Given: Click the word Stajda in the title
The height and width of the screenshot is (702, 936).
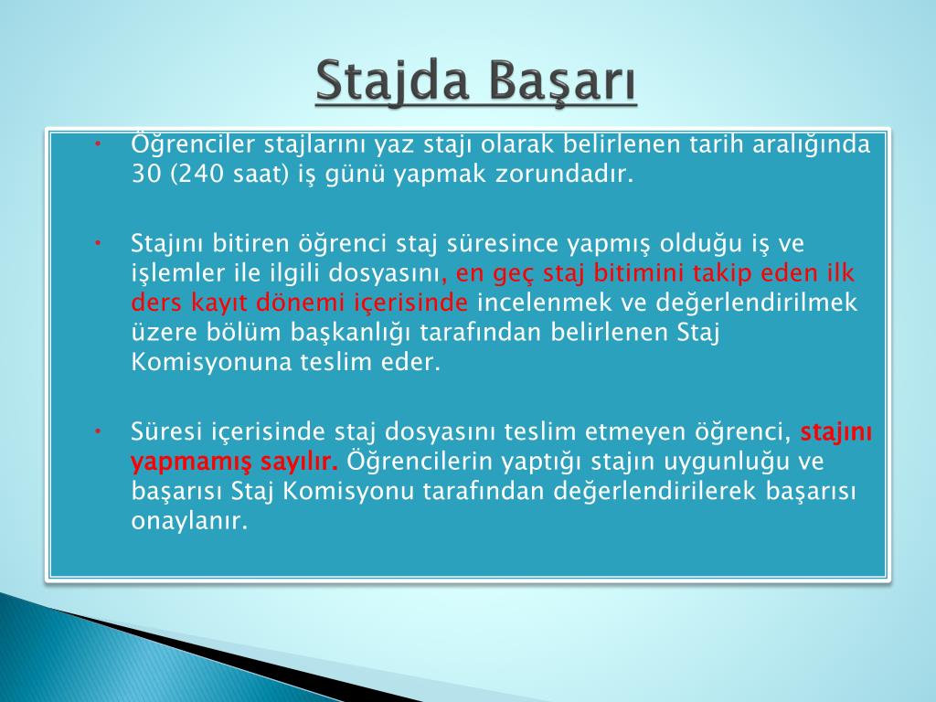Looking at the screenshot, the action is click(x=391, y=81).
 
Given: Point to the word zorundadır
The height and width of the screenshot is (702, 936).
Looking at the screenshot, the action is click(x=563, y=174).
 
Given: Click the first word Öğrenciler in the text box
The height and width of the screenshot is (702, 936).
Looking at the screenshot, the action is click(x=193, y=144).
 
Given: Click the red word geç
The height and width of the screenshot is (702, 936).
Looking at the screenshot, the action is click(x=515, y=274).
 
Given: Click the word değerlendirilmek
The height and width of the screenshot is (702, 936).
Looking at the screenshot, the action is click(x=756, y=303).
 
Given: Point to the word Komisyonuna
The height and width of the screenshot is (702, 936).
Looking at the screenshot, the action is click(x=211, y=362).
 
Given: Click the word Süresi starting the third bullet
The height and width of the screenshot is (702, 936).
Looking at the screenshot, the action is click(x=166, y=431).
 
